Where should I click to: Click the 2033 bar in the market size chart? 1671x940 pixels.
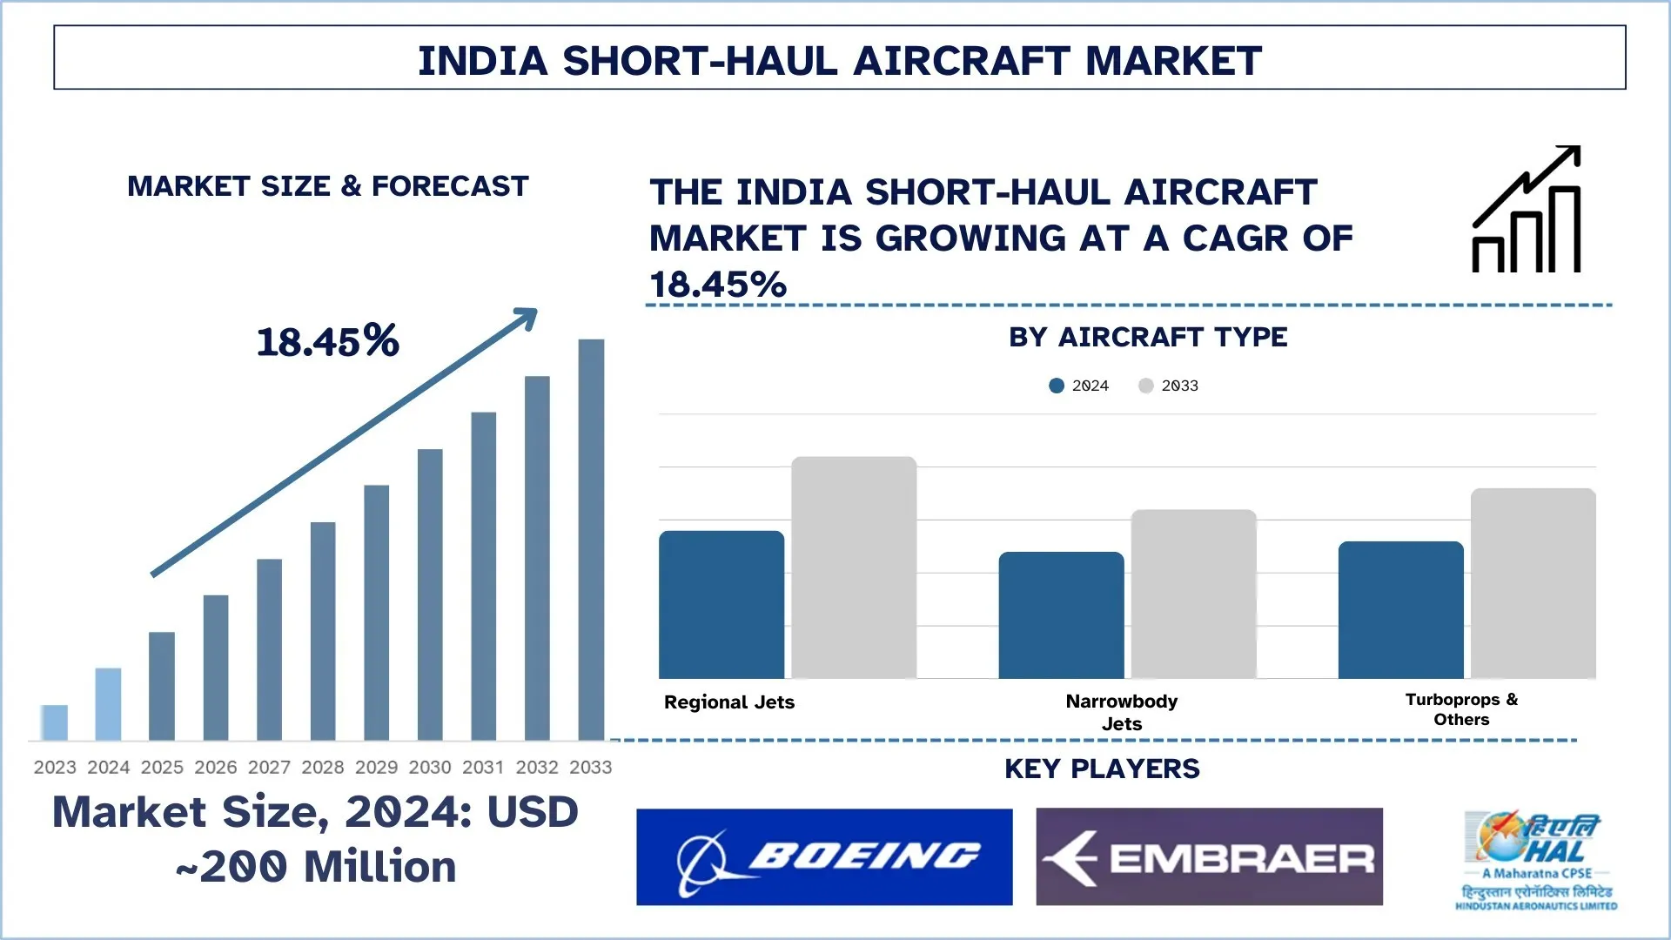click(591, 540)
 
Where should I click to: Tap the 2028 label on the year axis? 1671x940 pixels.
click(322, 767)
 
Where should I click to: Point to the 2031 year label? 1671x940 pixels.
click(483, 767)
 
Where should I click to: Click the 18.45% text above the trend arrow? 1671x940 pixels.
click(328, 341)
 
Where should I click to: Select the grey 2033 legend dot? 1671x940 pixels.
click(1145, 386)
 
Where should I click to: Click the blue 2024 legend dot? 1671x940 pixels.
click(1057, 386)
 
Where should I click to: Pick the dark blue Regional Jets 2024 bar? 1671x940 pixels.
click(721, 605)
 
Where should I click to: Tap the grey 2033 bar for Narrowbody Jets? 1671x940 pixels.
click(1193, 594)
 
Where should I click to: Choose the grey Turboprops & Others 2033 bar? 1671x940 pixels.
click(1533, 583)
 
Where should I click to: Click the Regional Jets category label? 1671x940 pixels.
click(729, 702)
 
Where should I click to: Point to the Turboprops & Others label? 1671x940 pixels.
click(1461, 709)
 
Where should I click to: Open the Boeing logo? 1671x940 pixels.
click(824, 857)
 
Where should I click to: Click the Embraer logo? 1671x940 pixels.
click(1209, 857)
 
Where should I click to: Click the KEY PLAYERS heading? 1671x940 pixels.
click(1102, 769)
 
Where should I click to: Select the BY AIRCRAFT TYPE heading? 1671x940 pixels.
click(1148, 337)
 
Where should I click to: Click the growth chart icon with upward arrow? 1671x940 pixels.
click(1527, 211)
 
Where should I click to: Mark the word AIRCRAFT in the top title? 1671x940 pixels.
click(962, 61)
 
